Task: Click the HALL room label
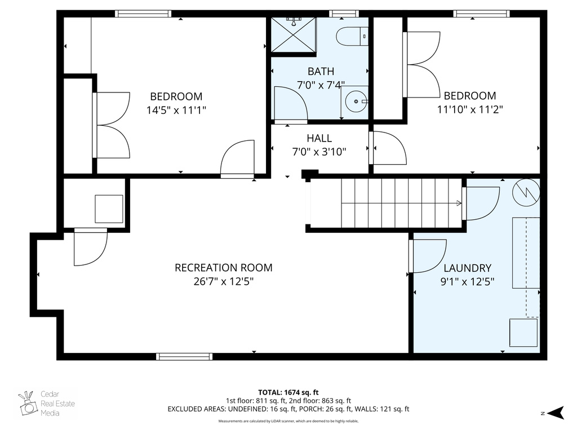coord(319,138)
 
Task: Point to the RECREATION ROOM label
coord(223,268)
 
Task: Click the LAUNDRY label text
coord(467,268)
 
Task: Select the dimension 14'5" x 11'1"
coord(176,111)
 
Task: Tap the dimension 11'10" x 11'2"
coord(469,109)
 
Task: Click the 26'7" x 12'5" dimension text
coord(223,282)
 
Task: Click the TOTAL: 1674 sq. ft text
coord(288,392)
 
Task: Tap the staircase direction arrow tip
coord(459,203)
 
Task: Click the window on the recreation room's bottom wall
coord(184,356)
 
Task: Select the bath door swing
coord(290,105)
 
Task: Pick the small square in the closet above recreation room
coord(109,209)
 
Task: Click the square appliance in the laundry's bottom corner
coord(524,332)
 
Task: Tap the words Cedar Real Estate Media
coord(57,404)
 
